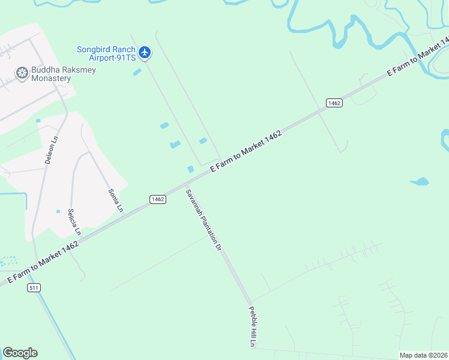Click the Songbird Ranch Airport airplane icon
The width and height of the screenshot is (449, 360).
click(x=145, y=53)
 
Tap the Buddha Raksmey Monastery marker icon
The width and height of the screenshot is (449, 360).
click(x=22, y=73)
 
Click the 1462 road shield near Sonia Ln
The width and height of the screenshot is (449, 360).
click(x=157, y=199)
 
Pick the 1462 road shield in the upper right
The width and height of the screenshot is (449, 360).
click(x=334, y=103)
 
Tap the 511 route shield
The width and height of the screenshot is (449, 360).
click(x=35, y=288)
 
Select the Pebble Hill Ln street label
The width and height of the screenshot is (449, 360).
click(x=253, y=326)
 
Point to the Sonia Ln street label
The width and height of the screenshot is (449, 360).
click(x=115, y=200)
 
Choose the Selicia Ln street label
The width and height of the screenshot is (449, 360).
click(x=74, y=221)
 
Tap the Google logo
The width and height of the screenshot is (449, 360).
click(x=20, y=353)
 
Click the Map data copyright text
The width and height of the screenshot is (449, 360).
click(x=424, y=355)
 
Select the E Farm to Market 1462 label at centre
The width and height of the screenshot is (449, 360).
click(x=246, y=152)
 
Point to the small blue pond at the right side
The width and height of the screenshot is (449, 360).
click(x=420, y=181)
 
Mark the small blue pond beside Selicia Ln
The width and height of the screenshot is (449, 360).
click(x=58, y=211)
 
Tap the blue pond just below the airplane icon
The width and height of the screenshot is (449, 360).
click(x=137, y=72)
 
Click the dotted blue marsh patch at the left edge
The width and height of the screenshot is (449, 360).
click(x=8, y=261)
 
